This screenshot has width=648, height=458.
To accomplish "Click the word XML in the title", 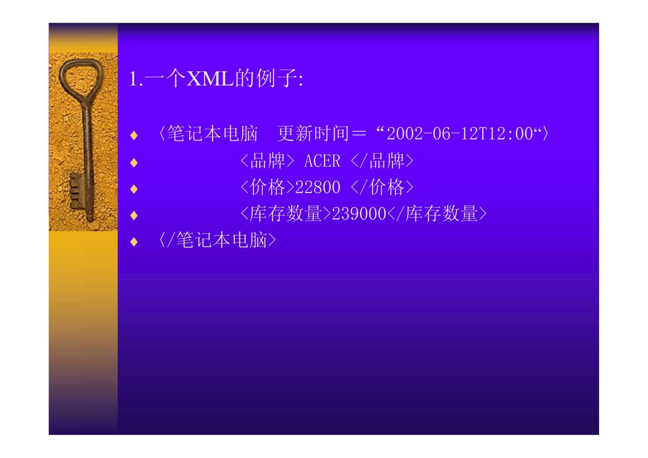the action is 210,78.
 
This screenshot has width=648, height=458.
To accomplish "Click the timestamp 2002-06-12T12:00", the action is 460,134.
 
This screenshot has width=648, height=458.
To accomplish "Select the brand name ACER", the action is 322,161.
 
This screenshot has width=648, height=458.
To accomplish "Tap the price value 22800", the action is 318,187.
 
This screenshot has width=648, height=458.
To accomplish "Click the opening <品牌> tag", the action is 267,161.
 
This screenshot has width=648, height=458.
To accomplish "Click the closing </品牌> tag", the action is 382,161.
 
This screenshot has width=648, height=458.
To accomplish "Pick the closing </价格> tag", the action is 382,187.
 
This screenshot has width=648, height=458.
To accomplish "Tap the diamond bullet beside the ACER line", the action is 134,163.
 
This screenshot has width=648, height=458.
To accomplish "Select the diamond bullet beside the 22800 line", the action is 134,189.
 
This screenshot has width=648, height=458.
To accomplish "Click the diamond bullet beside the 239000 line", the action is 134,215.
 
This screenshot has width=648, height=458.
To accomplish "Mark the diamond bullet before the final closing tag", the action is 134,242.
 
